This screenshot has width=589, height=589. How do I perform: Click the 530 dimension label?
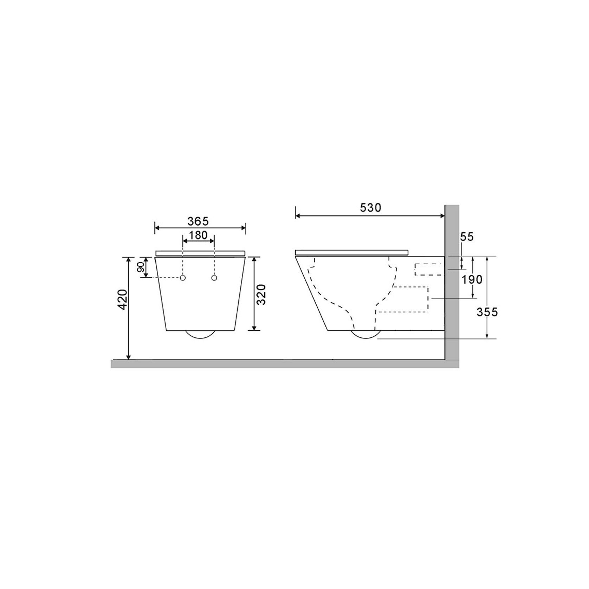[x=370, y=208]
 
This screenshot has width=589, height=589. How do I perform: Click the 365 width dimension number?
[x=198, y=221]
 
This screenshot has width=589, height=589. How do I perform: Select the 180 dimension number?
[x=199, y=235]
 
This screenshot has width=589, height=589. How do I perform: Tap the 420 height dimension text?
[x=122, y=299]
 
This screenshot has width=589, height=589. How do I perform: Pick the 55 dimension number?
[x=467, y=237]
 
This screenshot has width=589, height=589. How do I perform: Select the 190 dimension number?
[x=472, y=280]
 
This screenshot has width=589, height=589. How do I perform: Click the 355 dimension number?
[x=487, y=312]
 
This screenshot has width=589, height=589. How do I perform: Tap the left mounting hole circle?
[x=183, y=278]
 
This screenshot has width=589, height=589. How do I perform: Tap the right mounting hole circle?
[x=214, y=278]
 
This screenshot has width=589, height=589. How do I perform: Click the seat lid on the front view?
[x=200, y=253]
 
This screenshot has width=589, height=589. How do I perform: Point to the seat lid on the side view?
[x=351, y=252]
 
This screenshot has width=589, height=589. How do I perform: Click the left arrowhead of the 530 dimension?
[x=297, y=215]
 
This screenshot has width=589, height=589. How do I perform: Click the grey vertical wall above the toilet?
[x=452, y=228]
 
